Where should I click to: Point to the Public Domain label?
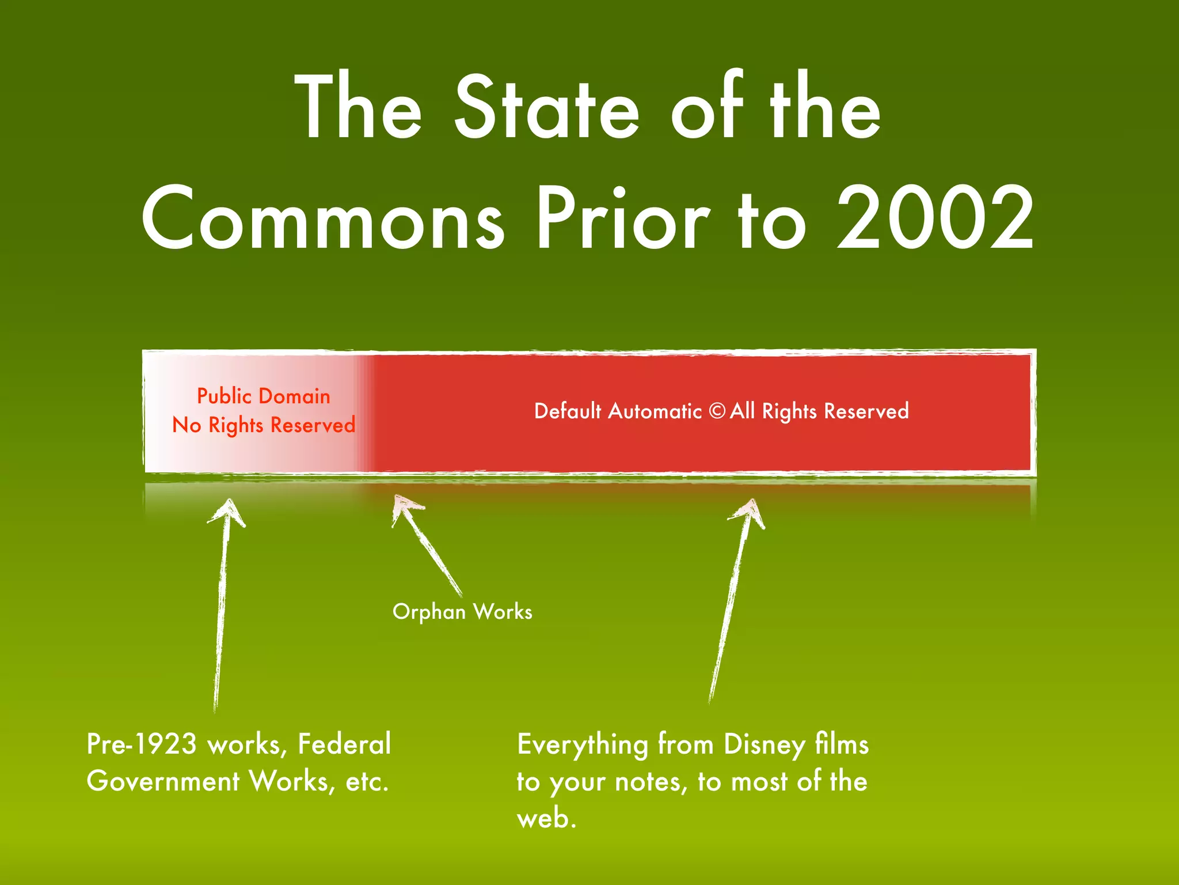[x=264, y=396]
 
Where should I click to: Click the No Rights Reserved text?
[x=264, y=425]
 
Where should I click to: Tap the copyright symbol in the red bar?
[x=717, y=411]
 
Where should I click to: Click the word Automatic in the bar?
[x=655, y=411]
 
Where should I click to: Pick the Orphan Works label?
[x=462, y=611]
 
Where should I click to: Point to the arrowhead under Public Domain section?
[x=228, y=510]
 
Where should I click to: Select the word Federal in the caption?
[x=344, y=744]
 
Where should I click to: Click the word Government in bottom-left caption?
[x=163, y=781]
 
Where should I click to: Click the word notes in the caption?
[x=651, y=782]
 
